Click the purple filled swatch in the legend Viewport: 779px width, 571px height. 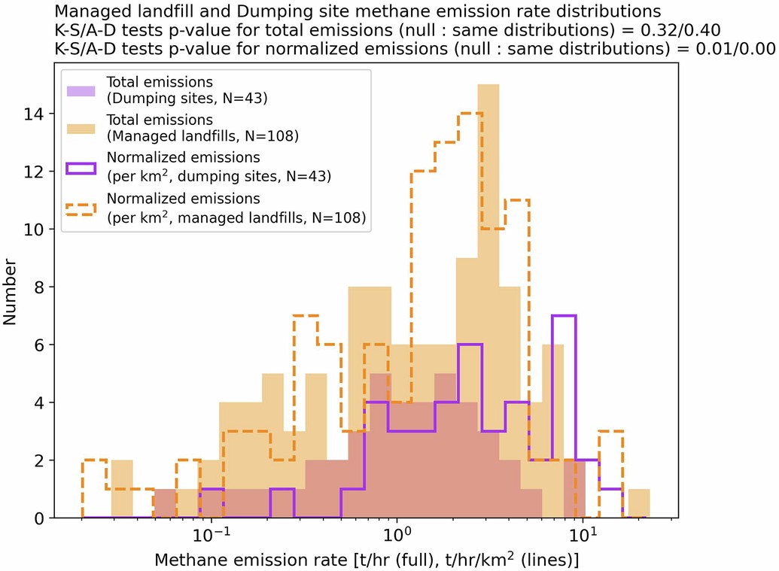79,90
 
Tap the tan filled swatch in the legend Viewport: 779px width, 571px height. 79,128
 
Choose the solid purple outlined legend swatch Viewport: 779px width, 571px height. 79,167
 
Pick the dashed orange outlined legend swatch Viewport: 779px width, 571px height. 79,208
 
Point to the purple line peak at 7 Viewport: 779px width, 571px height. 564,316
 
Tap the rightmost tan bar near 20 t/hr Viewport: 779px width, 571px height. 638,504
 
